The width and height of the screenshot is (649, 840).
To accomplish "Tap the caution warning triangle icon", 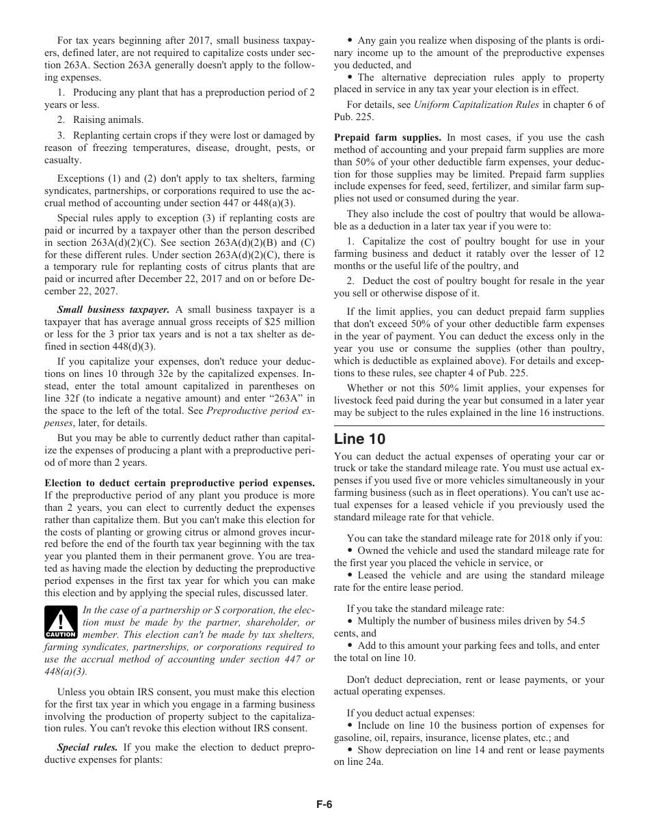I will [x=60, y=621].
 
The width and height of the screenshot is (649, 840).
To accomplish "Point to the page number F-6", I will [x=324, y=804].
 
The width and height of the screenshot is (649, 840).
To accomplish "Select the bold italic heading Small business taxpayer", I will [x=113, y=309].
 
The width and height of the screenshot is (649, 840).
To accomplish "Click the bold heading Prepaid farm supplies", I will [x=387, y=137].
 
